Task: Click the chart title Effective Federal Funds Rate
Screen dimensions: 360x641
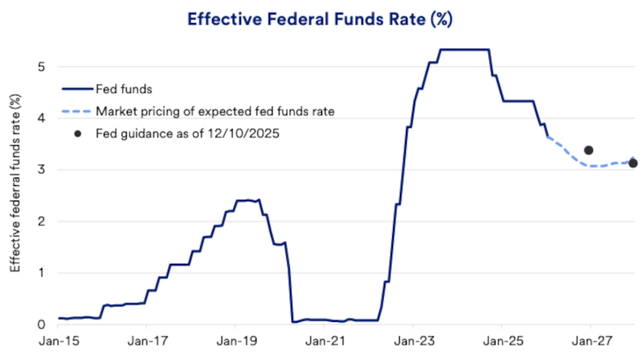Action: pos(320,19)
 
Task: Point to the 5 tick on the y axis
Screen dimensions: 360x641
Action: pos(41,66)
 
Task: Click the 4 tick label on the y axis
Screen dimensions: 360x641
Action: pos(41,118)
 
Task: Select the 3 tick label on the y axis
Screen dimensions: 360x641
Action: pos(41,170)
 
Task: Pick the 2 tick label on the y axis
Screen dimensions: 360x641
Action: pos(41,221)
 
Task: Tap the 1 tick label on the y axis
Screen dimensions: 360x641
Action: pos(41,273)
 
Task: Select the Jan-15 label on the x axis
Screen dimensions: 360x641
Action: pos(58,343)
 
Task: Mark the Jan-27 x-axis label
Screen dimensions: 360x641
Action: pos(590,343)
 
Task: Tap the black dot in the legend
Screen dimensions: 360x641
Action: pos(77,133)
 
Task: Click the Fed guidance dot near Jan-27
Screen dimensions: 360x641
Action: pos(588,150)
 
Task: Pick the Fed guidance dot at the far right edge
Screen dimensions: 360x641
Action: pos(633,163)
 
